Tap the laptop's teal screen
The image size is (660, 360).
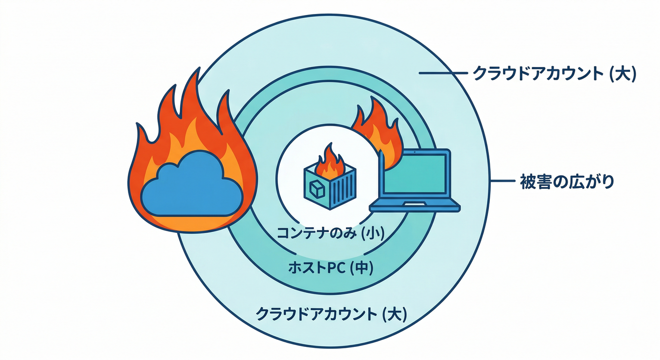tap(414, 174)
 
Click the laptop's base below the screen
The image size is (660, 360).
tap(414, 205)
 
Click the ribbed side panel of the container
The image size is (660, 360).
tap(345, 190)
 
